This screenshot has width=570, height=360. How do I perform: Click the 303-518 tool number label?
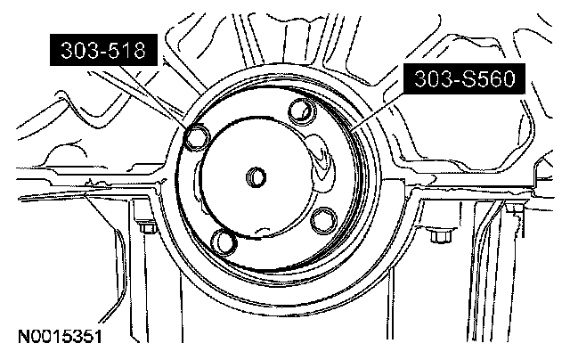click(103, 50)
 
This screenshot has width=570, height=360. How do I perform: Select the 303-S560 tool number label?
click(465, 78)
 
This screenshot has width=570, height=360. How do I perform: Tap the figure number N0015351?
click(60, 337)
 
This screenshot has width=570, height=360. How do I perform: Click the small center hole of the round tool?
click(256, 177)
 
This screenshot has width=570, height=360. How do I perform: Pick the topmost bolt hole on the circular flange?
click(301, 110)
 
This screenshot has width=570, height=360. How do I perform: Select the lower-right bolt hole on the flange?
click(323, 220)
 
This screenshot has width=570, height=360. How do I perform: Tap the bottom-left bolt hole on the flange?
click(224, 241)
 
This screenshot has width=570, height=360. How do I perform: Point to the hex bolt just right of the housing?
click(440, 236)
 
